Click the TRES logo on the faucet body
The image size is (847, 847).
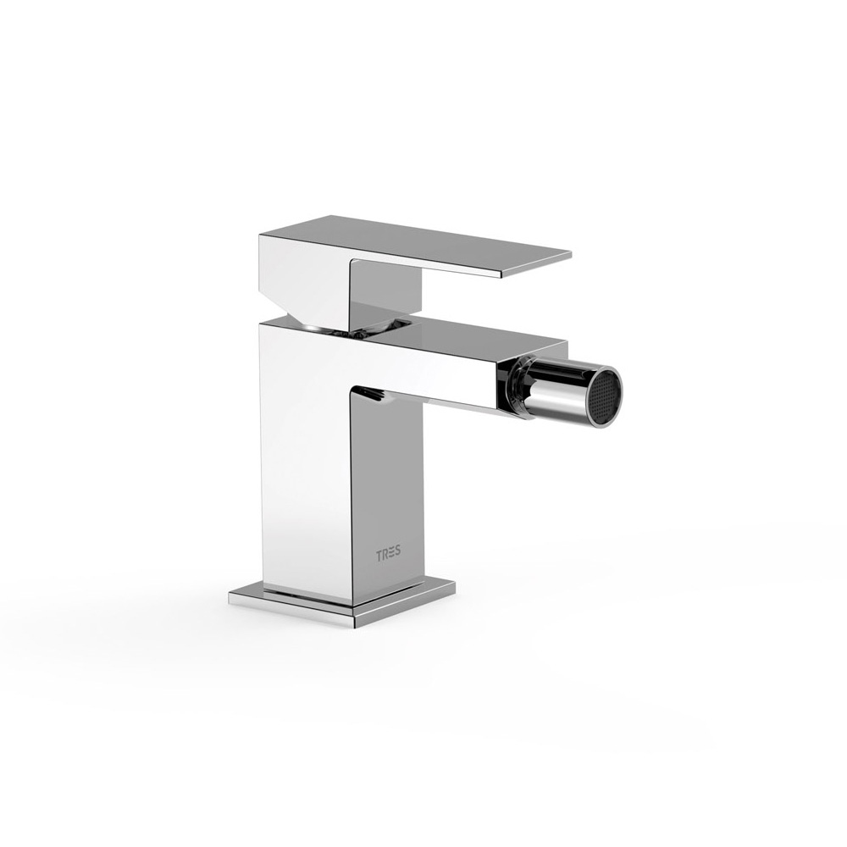tap(389, 556)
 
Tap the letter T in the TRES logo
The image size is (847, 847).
tap(379, 556)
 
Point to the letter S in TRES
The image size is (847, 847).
tap(398, 556)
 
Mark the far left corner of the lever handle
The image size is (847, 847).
tap(260, 235)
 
